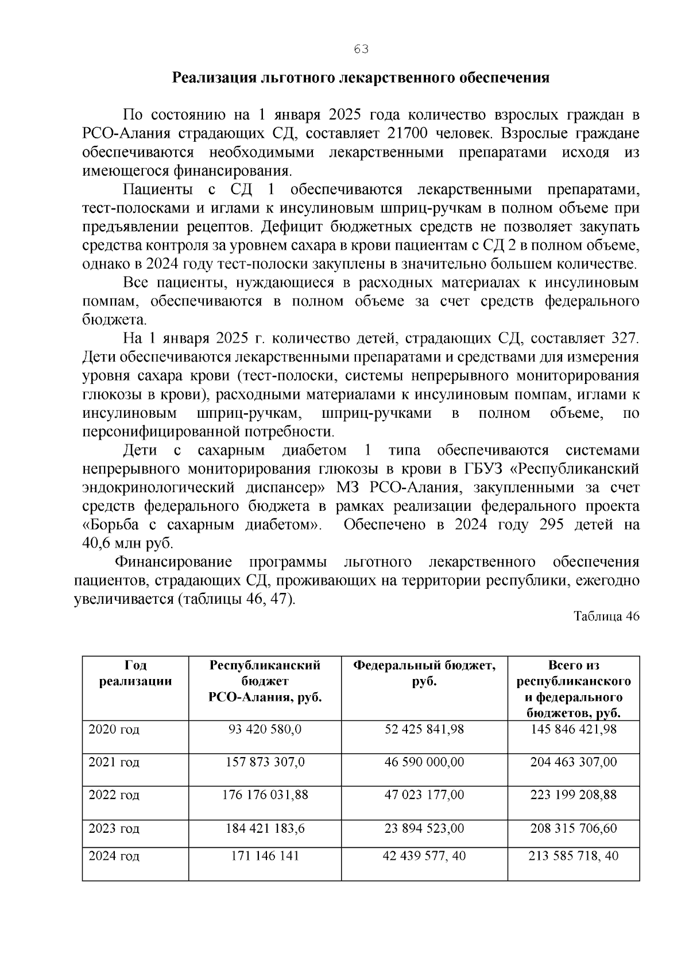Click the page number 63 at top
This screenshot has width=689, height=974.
click(x=361, y=49)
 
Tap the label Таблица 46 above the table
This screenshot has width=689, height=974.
click(x=606, y=616)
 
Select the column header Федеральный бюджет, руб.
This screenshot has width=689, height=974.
click(x=424, y=673)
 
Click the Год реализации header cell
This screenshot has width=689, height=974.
click(x=136, y=673)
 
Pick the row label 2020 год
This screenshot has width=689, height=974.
click(x=114, y=729)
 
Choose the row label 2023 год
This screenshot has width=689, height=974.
click(x=114, y=829)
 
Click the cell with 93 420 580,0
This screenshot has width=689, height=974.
click(x=265, y=729)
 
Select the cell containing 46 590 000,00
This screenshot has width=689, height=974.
click(x=424, y=762)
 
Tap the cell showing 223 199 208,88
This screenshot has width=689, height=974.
click(x=573, y=796)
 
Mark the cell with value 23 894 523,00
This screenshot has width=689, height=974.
click(x=424, y=829)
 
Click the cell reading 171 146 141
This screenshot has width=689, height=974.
click(x=265, y=856)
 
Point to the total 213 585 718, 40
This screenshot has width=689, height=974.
click(x=573, y=856)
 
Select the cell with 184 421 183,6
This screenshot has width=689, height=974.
click(x=265, y=829)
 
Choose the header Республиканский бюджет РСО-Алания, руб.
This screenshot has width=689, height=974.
click(x=265, y=681)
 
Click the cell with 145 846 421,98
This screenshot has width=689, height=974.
click(x=573, y=729)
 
